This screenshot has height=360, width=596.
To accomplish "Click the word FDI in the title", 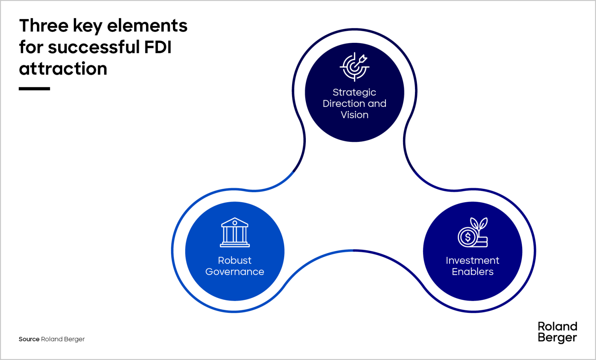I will click(x=158, y=47).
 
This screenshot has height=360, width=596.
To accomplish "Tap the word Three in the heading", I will click(x=44, y=26).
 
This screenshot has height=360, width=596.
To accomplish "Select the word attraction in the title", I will click(x=63, y=69).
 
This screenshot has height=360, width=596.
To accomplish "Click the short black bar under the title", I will click(x=34, y=89).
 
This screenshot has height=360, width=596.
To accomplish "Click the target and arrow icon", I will click(x=354, y=67).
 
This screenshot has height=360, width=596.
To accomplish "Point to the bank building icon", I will click(x=235, y=232).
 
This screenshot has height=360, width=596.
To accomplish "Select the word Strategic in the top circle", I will click(x=354, y=92).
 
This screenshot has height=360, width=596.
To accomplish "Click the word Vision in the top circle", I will click(x=354, y=115).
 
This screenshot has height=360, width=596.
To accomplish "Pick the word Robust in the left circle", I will click(x=235, y=260).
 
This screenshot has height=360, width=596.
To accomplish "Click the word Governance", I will click(x=235, y=272).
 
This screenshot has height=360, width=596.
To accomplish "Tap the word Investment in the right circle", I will click(x=472, y=260).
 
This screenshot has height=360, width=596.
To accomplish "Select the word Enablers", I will click(x=472, y=272).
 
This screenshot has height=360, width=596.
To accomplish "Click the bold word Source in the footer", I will click(x=29, y=339).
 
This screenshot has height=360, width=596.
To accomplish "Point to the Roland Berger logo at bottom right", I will click(x=557, y=332).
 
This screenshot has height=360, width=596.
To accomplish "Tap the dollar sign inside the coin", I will click(x=467, y=237).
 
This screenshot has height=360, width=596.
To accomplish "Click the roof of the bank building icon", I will click(x=235, y=222).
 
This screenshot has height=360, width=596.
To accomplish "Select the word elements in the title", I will click(x=147, y=26).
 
